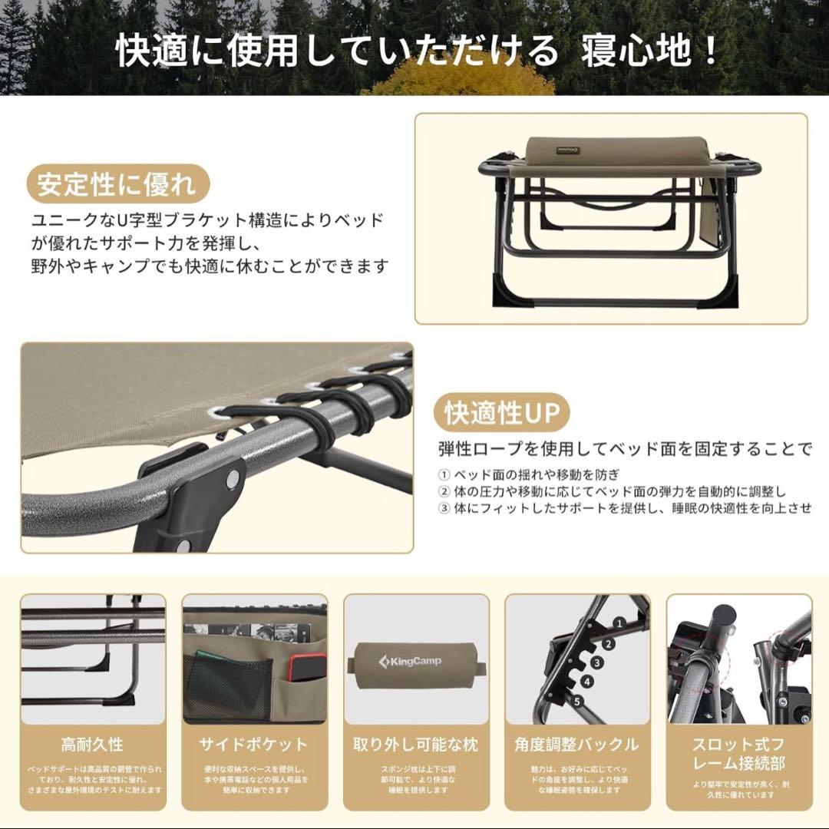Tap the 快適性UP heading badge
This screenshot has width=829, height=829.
coord(503,413)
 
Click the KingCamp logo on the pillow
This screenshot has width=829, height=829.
coord(408,660)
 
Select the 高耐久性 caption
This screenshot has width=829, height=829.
coord(92,744)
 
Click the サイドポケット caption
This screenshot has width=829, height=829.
coord(253,744)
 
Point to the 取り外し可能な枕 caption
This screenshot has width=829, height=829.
coord(415,744)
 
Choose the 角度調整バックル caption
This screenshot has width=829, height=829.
coord(576,744)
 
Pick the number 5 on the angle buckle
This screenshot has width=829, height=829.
coord(576,699)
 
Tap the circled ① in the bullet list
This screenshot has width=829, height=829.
coord(444,474)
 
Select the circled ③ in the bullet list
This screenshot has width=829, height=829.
coord(444,508)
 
